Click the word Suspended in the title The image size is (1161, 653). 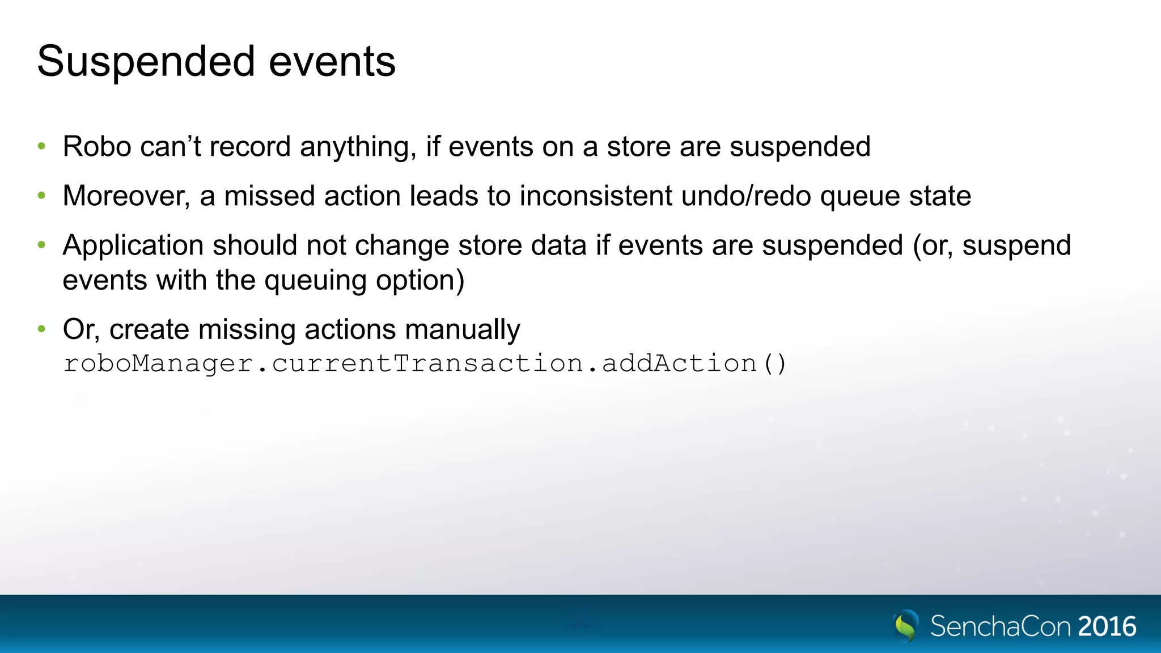(x=146, y=62)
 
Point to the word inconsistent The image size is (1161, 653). (x=596, y=196)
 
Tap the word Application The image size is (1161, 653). (x=133, y=246)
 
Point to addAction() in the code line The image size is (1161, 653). (x=694, y=363)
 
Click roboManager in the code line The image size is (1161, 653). (x=158, y=363)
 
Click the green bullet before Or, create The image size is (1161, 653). (x=41, y=329)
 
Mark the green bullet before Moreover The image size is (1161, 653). (x=41, y=196)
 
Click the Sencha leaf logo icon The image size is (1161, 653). (x=905, y=625)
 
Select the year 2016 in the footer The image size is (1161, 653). (x=1107, y=627)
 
